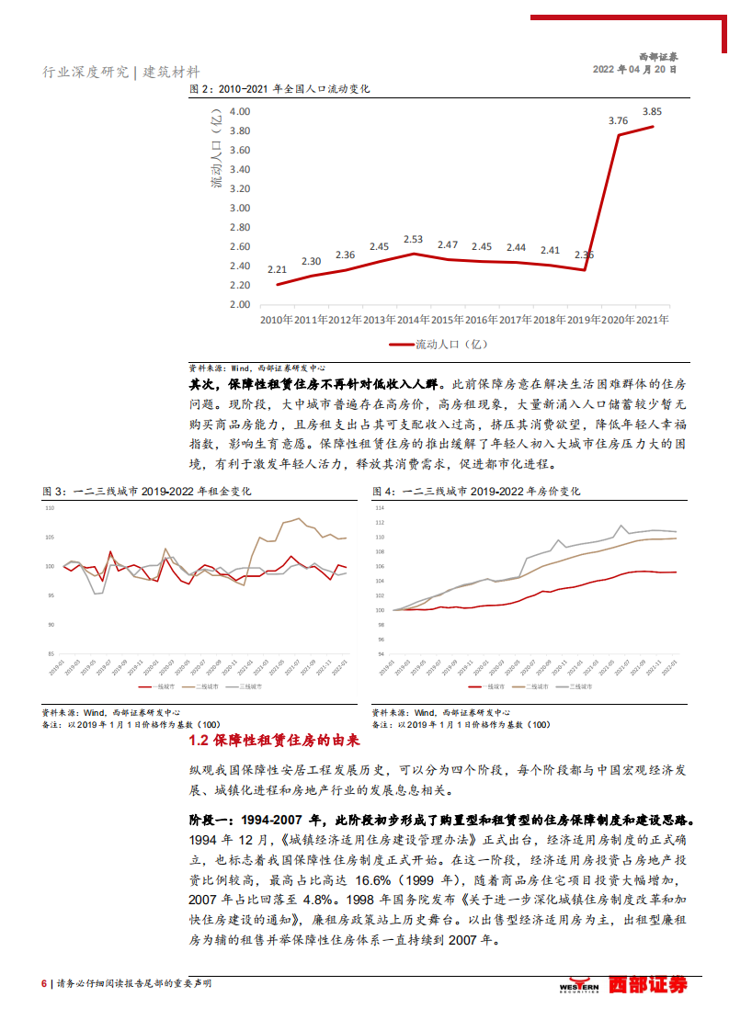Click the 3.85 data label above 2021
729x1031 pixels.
pyautogui.click(x=652, y=110)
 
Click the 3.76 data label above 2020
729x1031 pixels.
pyautogui.click(x=618, y=120)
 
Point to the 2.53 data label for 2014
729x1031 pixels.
pyautogui.click(x=413, y=239)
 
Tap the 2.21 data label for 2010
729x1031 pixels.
pyautogui.click(x=277, y=269)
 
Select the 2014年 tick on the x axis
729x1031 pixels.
pyautogui.click(x=413, y=320)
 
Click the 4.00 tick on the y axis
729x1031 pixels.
pyautogui.click(x=239, y=110)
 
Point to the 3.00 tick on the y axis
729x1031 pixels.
pyautogui.click(x=239, y=208)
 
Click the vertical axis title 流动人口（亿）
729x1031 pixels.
pyautogui.click(x=216, y=151)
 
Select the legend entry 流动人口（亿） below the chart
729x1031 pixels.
pyautogui.click(x=438, y=345)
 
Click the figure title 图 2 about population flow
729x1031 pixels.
pyautogui.click(x=279, y=89)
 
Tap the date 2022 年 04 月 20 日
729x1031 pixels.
pyautogui.click(x=634, y=69)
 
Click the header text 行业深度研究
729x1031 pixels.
pyautogui.click(x=87, y=72)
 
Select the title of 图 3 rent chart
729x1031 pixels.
pyautogui.click(x=146, y=492)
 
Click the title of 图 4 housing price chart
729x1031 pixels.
pyautogui.click(x=476, y=492)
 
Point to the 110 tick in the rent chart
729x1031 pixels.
pyautogui.click(x=49, y=508)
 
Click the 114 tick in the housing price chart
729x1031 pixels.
pyautogui.click(x=379, y=508)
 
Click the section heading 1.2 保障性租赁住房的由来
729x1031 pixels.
pyautogui.click(x=274, y=741)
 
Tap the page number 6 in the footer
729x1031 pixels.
pyautogui.click(x=43, y=983)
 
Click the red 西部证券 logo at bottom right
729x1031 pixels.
pyautogui.click(x=648, y=985)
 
